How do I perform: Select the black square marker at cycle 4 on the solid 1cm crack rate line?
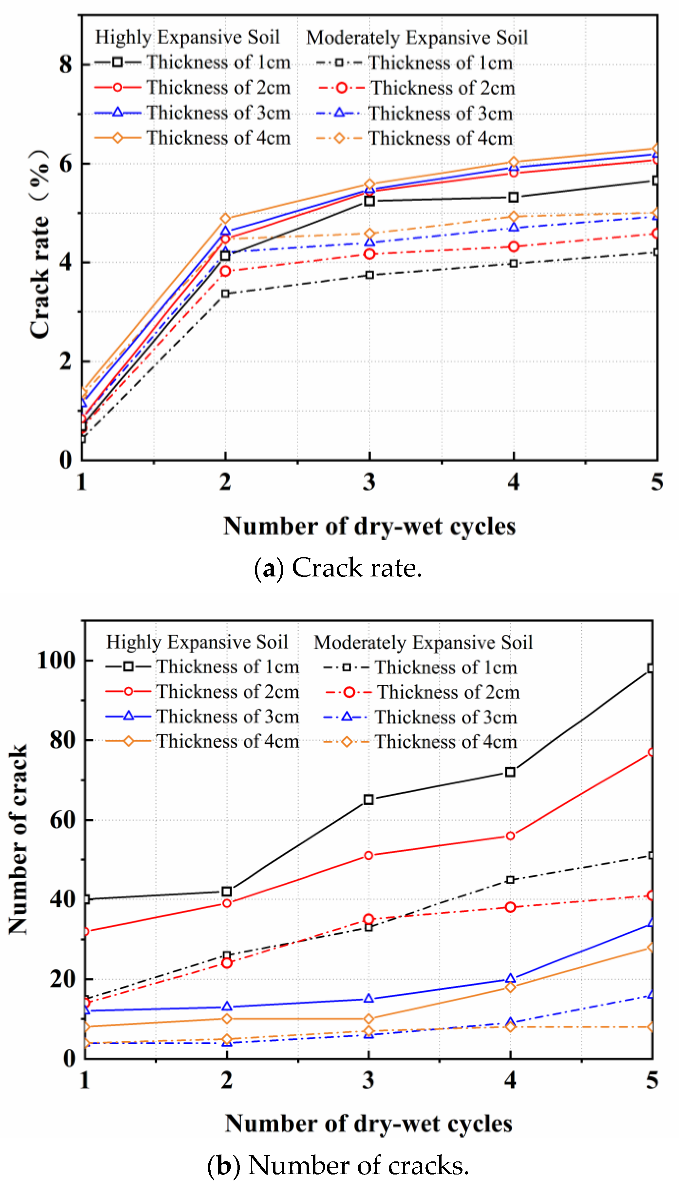coord(513,197)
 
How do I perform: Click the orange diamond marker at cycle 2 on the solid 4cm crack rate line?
coord(226,218)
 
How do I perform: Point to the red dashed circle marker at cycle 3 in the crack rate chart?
coord(369,254)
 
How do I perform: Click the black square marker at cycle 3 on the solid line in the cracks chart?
coord(368,800)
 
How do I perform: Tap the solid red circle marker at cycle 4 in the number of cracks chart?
coord(510,836)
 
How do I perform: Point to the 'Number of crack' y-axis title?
coord(18,839)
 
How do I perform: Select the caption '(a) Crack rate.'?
coord(338,568)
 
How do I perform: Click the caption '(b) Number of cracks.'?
coord(338,1165)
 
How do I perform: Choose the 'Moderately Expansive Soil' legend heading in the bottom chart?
coord(423,642)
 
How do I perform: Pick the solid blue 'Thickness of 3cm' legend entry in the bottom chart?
coord(202,717)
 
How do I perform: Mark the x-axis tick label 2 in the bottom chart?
coord(227,1080)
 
